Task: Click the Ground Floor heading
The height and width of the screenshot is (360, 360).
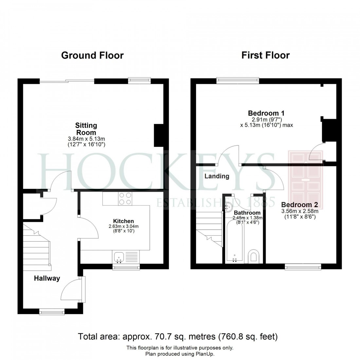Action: click(92, 55)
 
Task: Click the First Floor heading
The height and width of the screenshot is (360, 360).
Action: click(265, 55)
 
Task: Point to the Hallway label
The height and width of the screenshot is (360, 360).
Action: click(47, 279)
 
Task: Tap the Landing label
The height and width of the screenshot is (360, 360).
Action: click(217, 176)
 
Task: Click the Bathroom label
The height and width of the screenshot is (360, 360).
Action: click(247, 213)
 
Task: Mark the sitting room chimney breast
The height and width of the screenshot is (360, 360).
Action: click(159, 135)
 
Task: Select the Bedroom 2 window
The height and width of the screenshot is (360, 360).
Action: click(303, 267)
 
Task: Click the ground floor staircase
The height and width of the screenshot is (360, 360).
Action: click(37, 245)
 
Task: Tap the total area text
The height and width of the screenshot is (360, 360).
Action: click(178, 336)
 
